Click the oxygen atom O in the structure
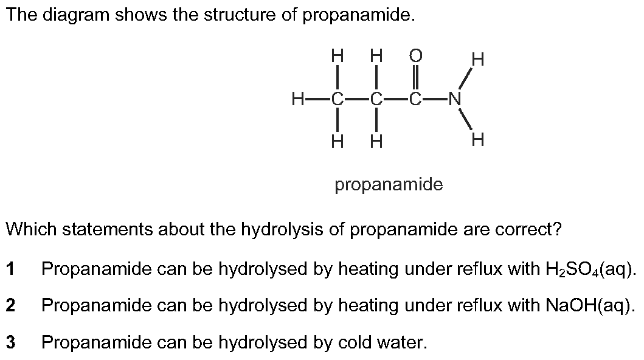pos(415,55)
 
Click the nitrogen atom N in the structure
pos(455,99)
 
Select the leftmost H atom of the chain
pos(298,99)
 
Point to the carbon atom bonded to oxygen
pos(415,99)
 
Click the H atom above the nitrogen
pos(478,59)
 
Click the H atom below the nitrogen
pos(478,140)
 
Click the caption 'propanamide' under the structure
pos(389,185)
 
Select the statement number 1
pos(10,269)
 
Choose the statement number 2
pos(10,305)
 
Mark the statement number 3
pos(10,342)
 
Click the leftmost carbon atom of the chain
pos(337,99)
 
